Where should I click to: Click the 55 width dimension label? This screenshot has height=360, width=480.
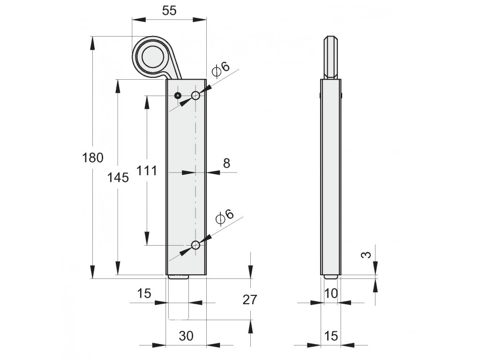click(169, 10)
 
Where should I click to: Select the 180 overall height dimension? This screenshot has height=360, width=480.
click(93, 158)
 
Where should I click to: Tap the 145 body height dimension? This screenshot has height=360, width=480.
click(118, 178)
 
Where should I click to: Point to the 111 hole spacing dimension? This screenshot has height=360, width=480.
click(146, 171)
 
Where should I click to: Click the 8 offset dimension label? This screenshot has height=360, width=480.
click(226, 163)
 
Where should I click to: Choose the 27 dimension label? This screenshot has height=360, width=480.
click(250, 300)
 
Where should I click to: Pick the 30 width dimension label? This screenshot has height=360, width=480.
click(186, 336)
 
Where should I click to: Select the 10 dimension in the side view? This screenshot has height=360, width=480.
click(330, 293)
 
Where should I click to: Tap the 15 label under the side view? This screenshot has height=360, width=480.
click(330, 336)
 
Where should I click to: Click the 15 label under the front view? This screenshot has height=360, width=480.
click(144, 293)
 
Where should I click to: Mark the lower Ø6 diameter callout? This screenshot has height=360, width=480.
click(225, 216)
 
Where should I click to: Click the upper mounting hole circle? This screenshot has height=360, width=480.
click(195, 96)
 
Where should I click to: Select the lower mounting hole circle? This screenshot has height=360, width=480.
click(195, 245)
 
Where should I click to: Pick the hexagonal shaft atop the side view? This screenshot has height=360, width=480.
click(331, 58)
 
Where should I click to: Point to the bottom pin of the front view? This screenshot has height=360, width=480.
click(178, 277)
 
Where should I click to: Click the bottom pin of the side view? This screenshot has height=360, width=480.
click(331, 277)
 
